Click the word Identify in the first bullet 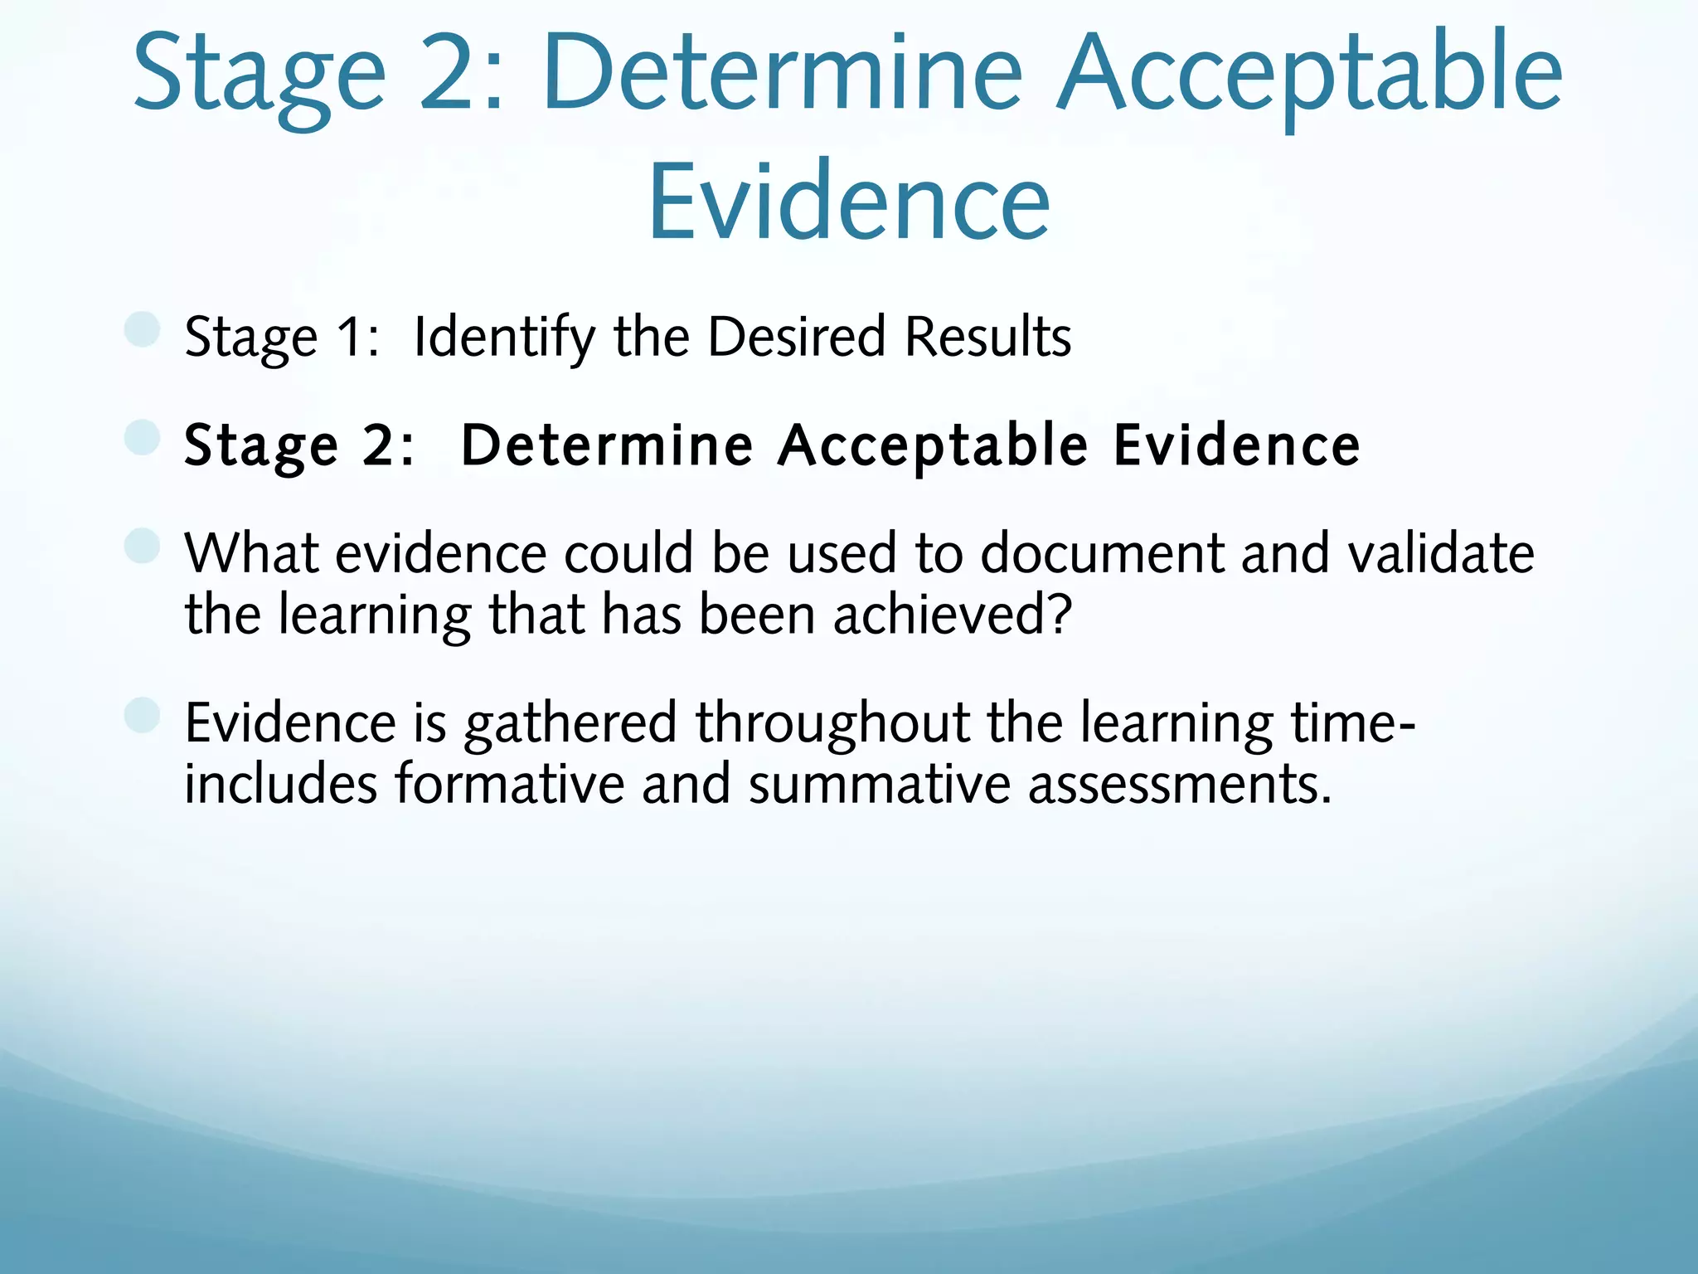pos(504,338)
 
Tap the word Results pos(987,337)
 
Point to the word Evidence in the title pos(849,202)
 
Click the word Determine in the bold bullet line pos(607,445)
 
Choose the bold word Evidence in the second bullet pos(1236,445)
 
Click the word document pos(1102,553)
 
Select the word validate pos(1441,553)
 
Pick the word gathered pos(570,724)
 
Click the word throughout pos(832,724)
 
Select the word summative pos(879,784)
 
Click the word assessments pos(1179,785)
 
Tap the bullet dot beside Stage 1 pos(142,329)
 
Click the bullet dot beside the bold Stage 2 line pos(142,437)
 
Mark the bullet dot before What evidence pos(142,546)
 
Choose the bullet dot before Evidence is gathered pos(142,716)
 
